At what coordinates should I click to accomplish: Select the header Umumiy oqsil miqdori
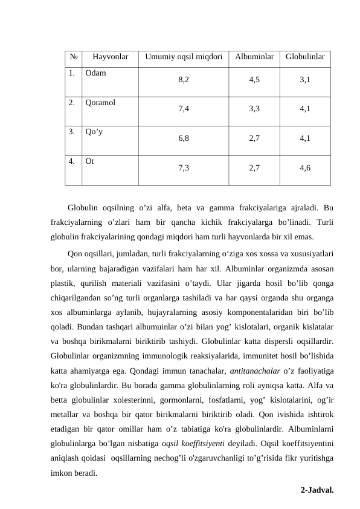[x=184, y=58]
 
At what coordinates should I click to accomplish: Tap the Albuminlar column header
[x=254, y=58]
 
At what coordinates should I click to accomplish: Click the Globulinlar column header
[x=305, y=58]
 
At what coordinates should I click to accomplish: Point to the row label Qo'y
[x=94, y=131]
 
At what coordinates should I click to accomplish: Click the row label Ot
[x=89, y=161]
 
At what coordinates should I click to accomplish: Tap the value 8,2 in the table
[x=184, y=80]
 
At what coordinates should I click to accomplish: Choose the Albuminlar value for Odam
[x=254, y=80]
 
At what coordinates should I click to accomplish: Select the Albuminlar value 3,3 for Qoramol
[x=254, y=109]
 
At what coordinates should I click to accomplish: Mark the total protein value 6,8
[x=184, y=138]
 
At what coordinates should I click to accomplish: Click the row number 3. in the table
[x=72, y=131]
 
